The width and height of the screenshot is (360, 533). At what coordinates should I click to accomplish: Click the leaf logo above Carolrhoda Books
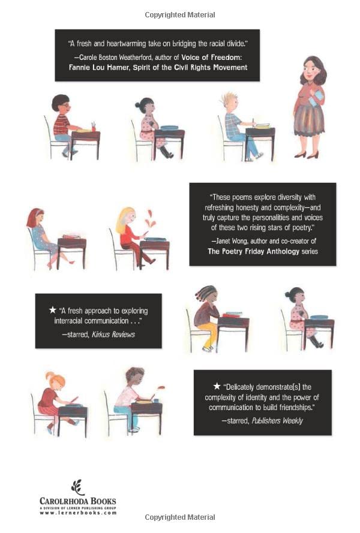(x=78, y=487)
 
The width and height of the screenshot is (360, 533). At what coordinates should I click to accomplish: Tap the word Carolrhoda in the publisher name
(x=65, y=501)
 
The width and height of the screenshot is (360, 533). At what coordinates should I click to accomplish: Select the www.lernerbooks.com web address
(x=78, y=513)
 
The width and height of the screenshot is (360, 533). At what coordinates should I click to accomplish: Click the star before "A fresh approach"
(x=52, y=310)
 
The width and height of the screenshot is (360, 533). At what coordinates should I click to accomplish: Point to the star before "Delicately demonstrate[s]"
(x=217, y=386)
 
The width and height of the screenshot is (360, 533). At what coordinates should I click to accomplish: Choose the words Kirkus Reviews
(x=113, y=335)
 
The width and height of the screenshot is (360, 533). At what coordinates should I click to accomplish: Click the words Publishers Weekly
(x=277, y=421)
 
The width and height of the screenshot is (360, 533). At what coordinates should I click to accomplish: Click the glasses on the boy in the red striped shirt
(x=65, y=106)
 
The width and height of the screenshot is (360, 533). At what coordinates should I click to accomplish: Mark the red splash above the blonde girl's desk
(x=150, y=219)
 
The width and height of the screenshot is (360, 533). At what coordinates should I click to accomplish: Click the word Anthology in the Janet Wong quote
(x=283, y=251)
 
